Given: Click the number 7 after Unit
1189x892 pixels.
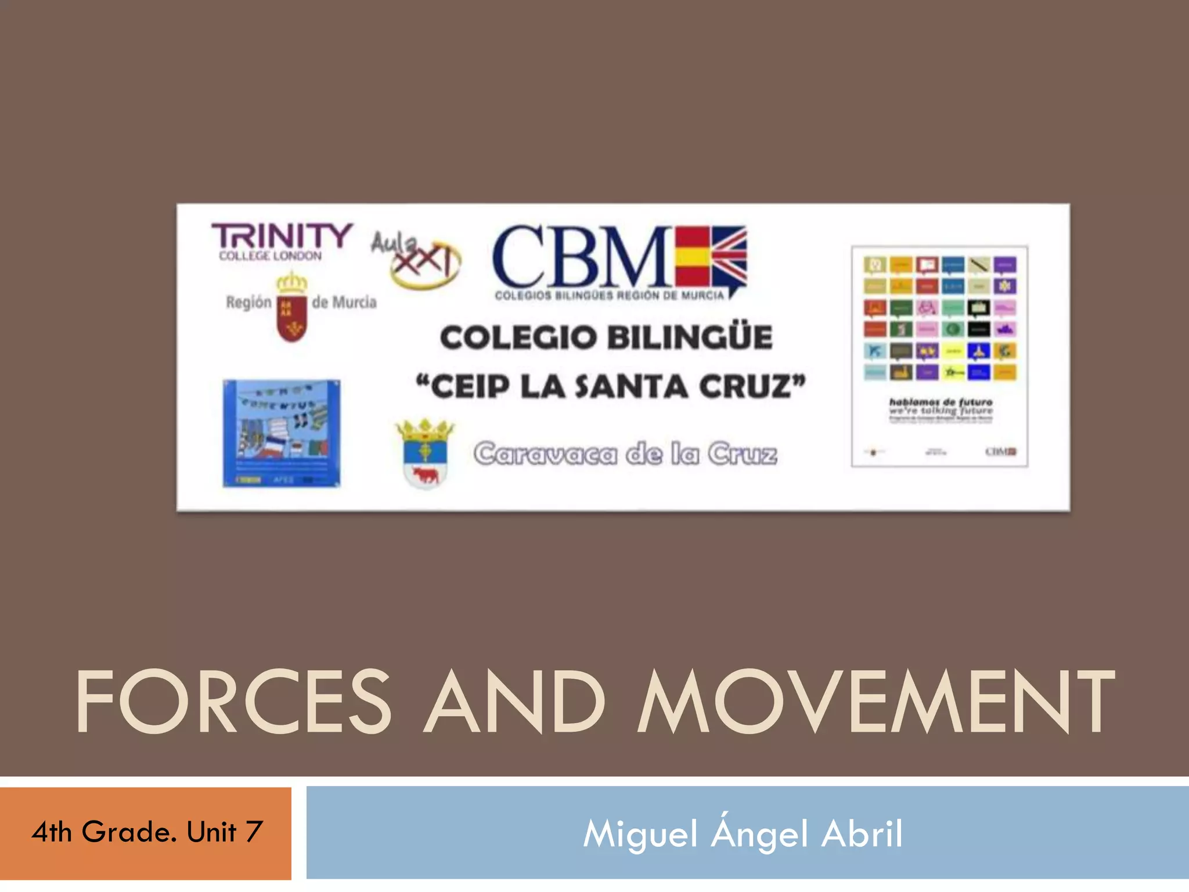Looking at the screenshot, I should [254, 832].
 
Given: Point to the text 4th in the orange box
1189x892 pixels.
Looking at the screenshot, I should [52, 832].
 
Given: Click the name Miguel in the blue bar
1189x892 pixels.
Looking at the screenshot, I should [640, 834].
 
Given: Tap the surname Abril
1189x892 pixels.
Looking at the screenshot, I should [862, 834].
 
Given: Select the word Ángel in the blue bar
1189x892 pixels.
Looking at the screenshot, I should [759, 834].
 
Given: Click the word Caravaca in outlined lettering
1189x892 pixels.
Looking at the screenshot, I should [546, 454].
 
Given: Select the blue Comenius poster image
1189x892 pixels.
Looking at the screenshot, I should [282, 433].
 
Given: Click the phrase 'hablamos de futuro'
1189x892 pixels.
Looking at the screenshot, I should [941, 402].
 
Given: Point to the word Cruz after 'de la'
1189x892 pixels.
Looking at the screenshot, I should [742, 454].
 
